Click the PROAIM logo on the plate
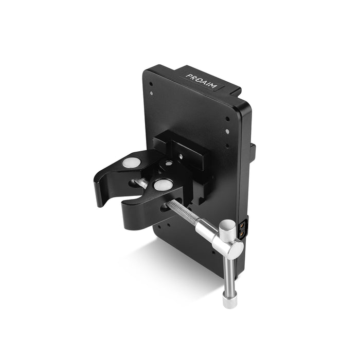pyautogui.click(x=201, y=81)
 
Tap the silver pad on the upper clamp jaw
pyautogui.click(x=131, y=163)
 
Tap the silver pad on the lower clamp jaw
pyautogui.click(x=164, y=185)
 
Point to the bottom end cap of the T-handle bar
pyautogui.click(x=229, y=301)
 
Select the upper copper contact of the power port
pyautogui.click(x=242, y=226)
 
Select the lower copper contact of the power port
pyautogui.click(x=241, y=233)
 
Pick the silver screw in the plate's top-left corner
pyautogui.click(x=151, y=93)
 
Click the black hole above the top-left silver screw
pyautogui.click(x=151, y=84)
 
